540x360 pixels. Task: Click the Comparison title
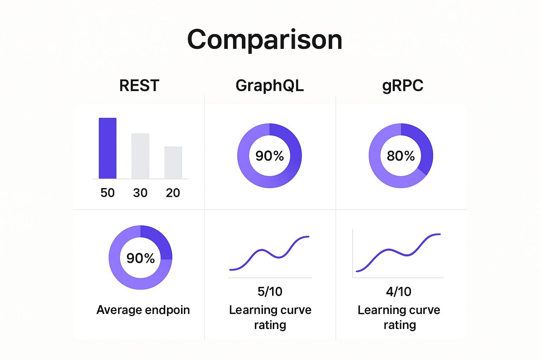point(265,39)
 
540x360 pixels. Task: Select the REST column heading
point(139,85)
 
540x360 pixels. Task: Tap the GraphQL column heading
point(270,85)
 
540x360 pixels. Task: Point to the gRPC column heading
point(403,86)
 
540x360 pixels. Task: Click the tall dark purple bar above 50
point(108,148)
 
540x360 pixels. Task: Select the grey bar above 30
point(140,156)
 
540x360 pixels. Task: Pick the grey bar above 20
point(173,162)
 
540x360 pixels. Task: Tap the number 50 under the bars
point(108,193)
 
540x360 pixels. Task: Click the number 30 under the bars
point(140,193)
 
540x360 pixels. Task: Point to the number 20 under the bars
point(173,193)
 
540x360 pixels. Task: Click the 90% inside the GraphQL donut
point(270,156)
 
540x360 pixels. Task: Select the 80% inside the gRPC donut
point(401,156)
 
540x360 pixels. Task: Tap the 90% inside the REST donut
point(141,258)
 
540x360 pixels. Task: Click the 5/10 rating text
point(270,291)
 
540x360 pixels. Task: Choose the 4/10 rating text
point(399,291)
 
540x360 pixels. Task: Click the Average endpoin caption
point(143,310)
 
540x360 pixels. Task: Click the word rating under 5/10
point(270,325)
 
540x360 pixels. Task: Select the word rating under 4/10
point(400,325)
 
